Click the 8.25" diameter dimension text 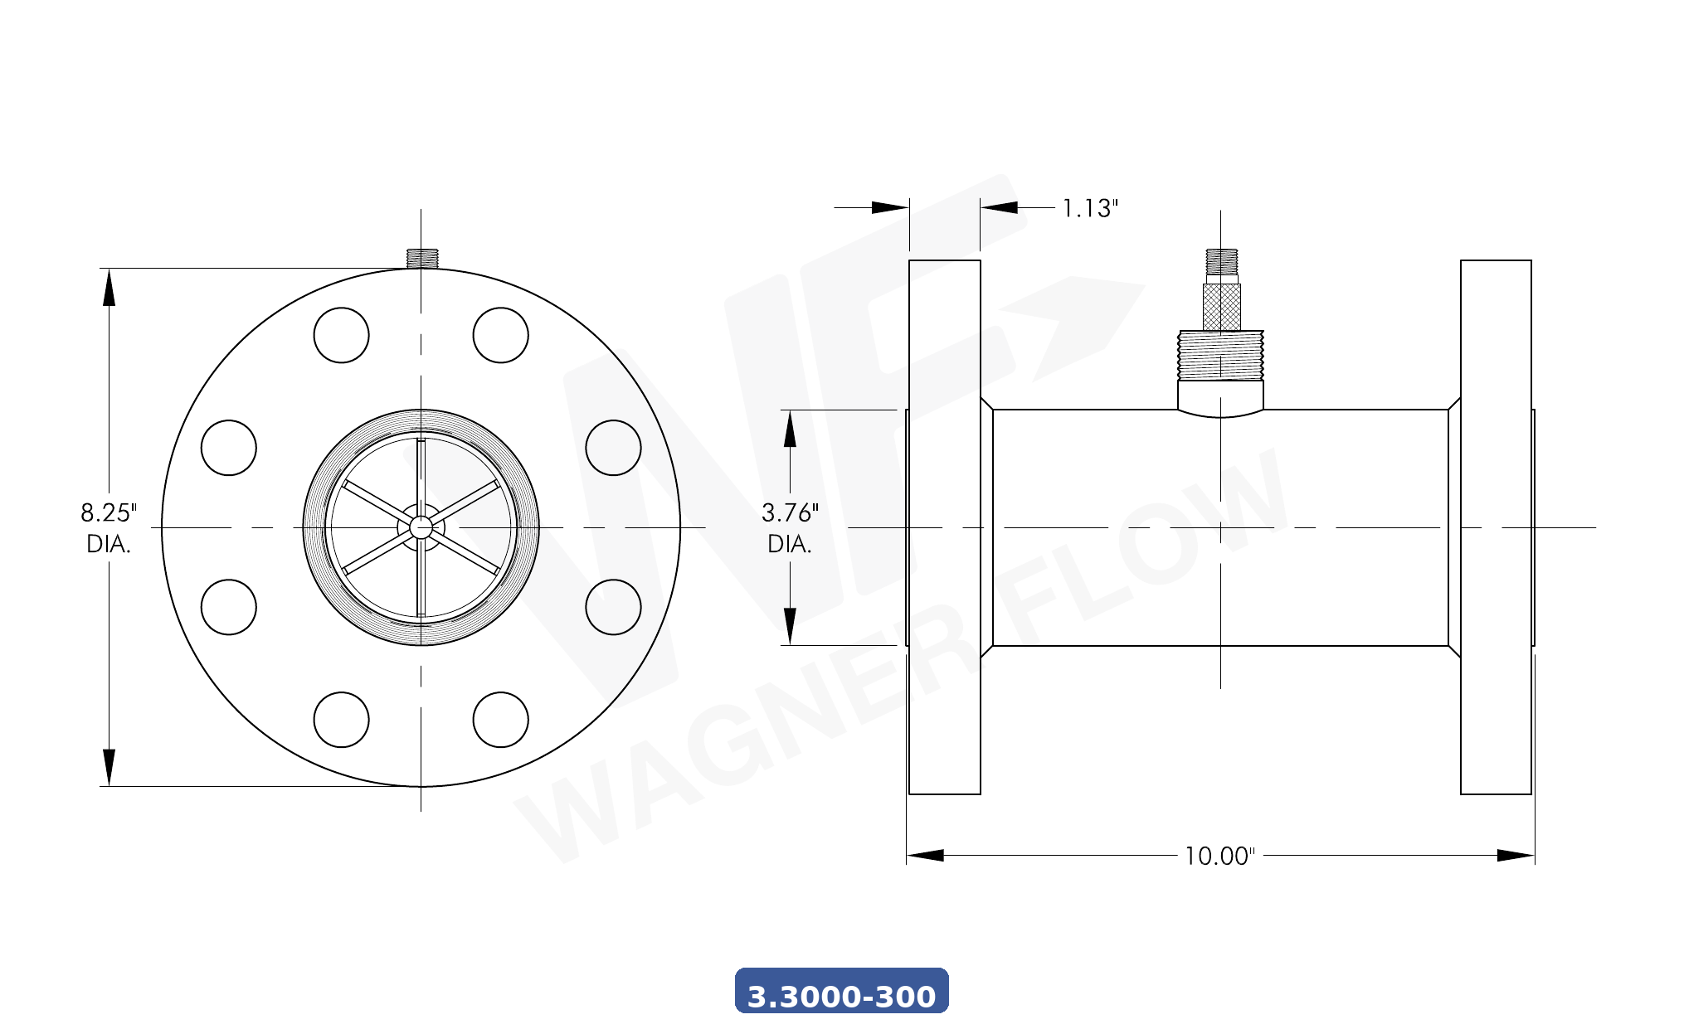point(108,513)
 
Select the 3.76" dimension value point(789,513)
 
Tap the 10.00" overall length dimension point(1219,856)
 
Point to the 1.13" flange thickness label point(1090,208)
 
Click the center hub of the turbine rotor point(421,527)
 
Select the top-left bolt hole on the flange point(341,335)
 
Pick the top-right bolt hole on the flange point(500,335)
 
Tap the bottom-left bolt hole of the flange point(341,720)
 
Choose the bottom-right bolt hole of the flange point(500,720)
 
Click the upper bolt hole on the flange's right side point(613,448)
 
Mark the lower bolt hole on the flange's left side point(228,607)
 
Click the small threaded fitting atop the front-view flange point(421,258)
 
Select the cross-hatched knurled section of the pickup point(1221,307)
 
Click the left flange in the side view point(944,527)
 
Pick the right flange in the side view point(1495,527)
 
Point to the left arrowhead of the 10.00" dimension point(924,856)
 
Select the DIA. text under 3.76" point(789,545)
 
